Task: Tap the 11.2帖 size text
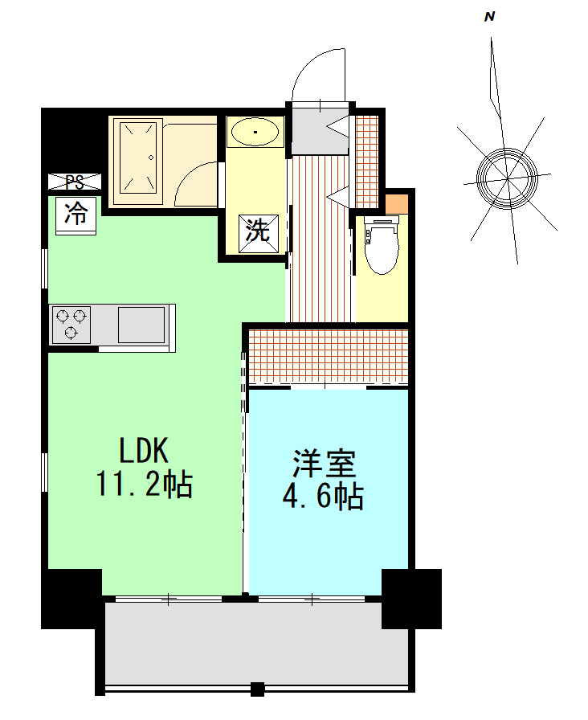pos(144,484)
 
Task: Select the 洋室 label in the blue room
pos(325,464)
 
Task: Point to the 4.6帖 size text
pos(323,496)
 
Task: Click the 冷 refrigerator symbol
pos(76,215)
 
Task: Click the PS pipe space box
pos(75,182)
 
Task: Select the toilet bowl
pos(381,246)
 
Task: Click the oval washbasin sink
pos(255,132)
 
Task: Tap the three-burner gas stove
pos(71,325)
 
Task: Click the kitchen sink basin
pos(141,325)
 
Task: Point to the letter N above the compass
pos(490,17)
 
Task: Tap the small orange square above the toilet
pos(397,204)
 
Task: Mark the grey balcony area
pos(257,643)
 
